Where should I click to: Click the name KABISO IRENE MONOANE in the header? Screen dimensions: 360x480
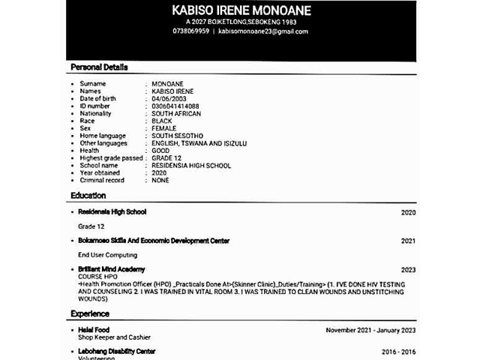[x=241, y=10]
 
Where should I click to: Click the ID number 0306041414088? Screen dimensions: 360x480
[x=175, y=106]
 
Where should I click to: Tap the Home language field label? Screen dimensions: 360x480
[x=106, y=136]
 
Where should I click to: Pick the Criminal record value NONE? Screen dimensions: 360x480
[x=160, y=180]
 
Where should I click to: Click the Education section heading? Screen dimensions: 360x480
[x=88, y=196]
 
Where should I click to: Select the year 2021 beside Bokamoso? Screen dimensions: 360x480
[x=408, y=241]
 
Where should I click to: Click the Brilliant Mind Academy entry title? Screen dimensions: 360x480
[x=112, y=269]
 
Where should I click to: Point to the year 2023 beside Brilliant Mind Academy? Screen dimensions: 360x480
[x=408, y=270]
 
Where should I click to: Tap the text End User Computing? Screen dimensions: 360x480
[x=107, y=255]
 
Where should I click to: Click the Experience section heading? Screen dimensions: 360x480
[x=91, y=313]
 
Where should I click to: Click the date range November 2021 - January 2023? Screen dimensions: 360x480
[x=370, y=330]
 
